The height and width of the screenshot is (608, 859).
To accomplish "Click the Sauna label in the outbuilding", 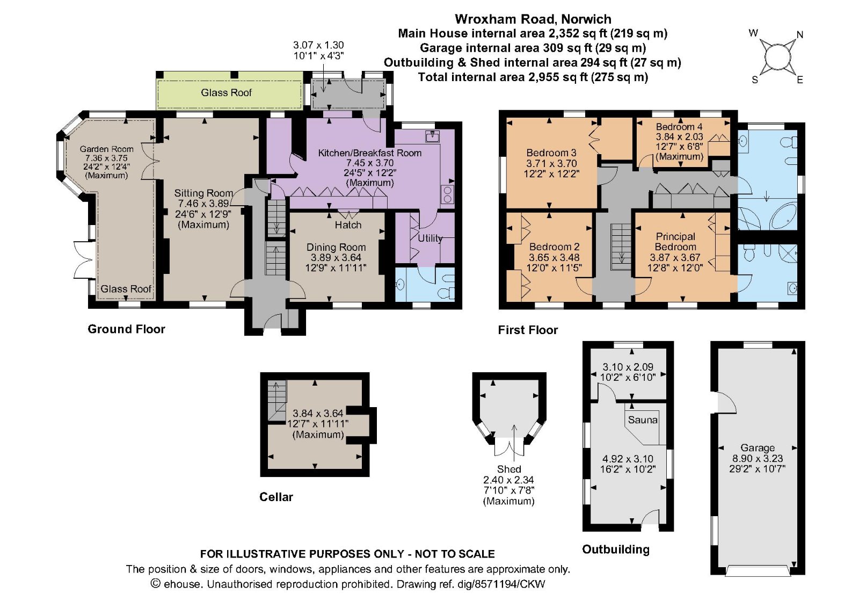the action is (643, 420).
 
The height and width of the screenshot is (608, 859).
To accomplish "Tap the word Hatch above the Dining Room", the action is (348, 225).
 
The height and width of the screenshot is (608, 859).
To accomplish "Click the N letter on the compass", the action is (800, 35).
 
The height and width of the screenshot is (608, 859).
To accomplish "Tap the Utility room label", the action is (430, 238).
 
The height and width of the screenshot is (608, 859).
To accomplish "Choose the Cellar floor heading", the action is (276, 497).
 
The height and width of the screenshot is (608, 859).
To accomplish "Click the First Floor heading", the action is (528, 330).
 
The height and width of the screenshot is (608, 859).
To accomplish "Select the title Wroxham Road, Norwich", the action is (533, 19).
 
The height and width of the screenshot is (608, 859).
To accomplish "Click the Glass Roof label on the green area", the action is (226, 92).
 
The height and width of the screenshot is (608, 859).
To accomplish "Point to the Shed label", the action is (509, 469).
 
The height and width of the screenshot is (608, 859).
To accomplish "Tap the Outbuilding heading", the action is (616, 549).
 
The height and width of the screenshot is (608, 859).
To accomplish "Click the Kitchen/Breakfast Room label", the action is (370, 153).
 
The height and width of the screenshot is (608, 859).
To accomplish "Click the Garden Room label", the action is (107, 149).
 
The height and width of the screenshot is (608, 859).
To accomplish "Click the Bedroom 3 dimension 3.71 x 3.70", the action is (551, 163).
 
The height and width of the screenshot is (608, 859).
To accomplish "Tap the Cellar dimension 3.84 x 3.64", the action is (318, 414).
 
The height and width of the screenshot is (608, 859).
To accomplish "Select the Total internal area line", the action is (533, 77).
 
